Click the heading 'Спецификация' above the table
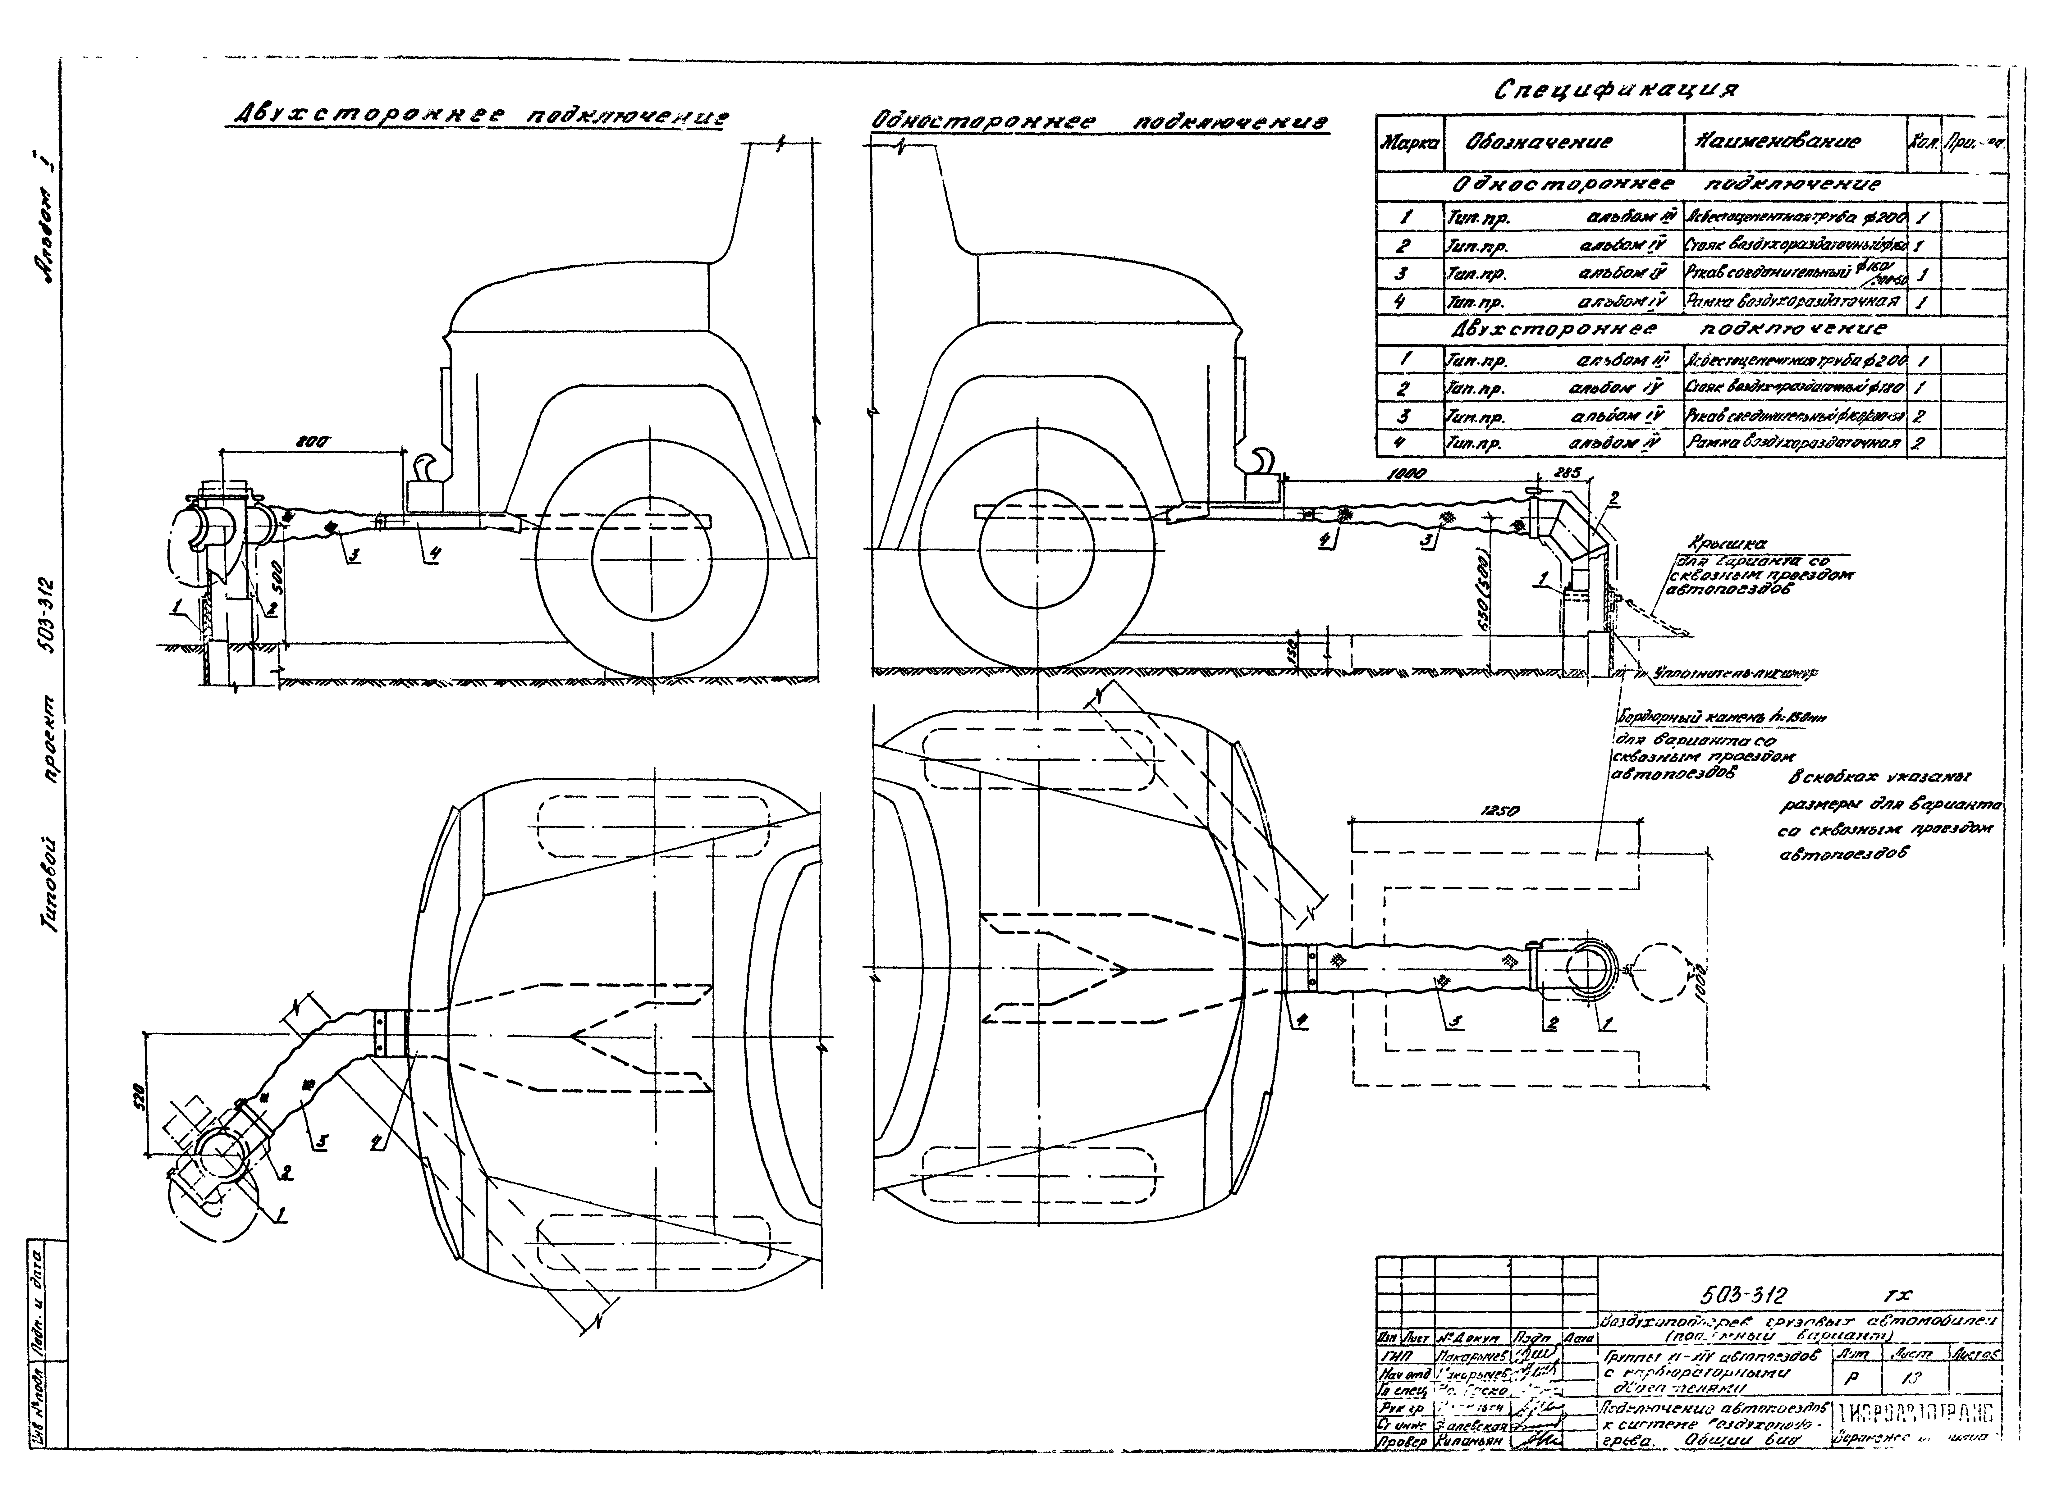tap(1616, 90)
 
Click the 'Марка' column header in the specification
tap(1408, 143)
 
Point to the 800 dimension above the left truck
tap(316, 442)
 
